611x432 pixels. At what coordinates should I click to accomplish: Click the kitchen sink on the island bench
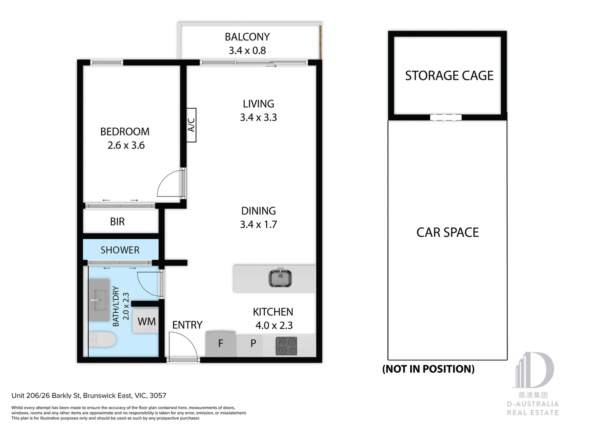(280, 278)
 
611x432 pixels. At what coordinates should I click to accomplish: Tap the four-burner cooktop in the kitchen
(286, 346)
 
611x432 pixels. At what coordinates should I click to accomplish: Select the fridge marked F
(221, 344)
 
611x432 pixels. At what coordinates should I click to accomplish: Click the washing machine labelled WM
(146, 322)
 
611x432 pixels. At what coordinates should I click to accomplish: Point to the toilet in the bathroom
(102, 340)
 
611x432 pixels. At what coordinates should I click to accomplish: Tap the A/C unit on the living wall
(191, 125)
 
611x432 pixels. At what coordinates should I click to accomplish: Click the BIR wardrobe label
(117, 222)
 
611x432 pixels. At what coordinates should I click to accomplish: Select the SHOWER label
(120, 250)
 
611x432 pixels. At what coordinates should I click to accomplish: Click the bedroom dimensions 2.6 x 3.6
(126, 145)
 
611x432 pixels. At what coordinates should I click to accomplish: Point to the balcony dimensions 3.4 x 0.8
(247, 50)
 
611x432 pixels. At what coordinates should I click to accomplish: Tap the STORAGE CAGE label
(449, 76)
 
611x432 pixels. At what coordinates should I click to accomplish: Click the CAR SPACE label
(447, 232)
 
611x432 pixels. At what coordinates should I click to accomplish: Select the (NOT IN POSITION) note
(428, 369)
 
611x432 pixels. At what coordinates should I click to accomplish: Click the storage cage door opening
(446, 117)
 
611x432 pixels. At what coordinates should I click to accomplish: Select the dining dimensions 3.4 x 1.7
(258, 224)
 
